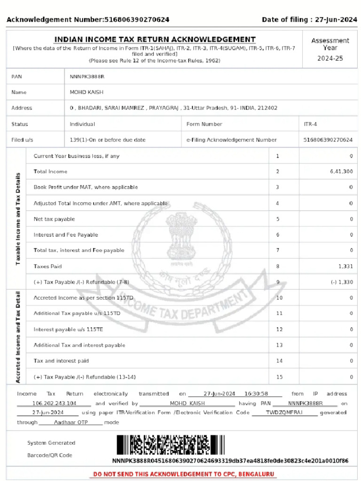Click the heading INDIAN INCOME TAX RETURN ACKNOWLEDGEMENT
[x=155, y=39]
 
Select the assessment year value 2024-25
[x=330, y=58]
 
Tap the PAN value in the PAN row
[x=87, y=76]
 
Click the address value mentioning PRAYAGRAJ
[x=173, y=108]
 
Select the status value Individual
[x=82, y=124]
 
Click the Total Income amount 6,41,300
[x=341, y=171]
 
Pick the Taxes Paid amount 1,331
[x=345, y=266]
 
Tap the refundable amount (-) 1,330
[x=341, y=282]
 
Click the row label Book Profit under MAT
[x=86, y=187]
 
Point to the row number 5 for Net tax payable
[x=277, y=219]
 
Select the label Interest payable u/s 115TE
[x=68, y=329]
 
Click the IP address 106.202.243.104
[x=54, y=403]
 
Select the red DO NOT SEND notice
[x=184, y=474]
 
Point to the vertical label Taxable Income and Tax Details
[x=18, y=219]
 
